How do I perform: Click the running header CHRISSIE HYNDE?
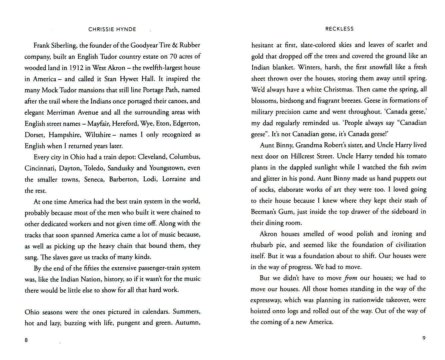point(112,29)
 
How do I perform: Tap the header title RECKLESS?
point(339,29)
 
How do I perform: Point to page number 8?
point(27,340)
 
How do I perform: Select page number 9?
point(424,338)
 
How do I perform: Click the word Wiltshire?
point(98,135)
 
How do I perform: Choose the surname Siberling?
point(66,45)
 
